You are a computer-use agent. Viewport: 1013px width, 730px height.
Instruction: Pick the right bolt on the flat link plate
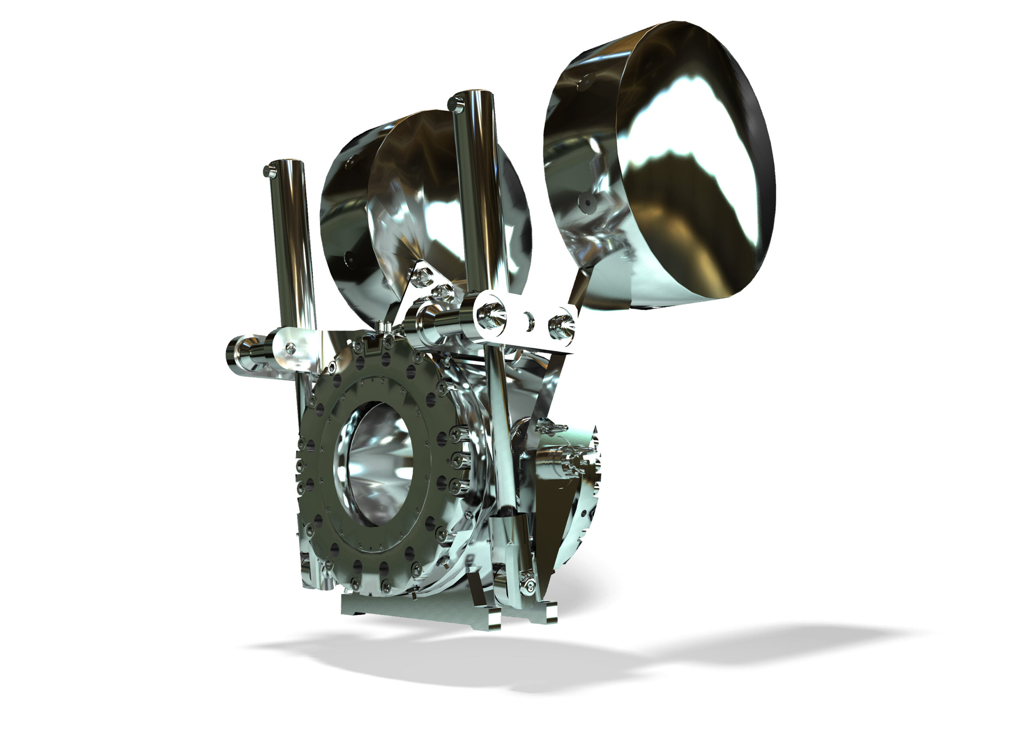point(561,325)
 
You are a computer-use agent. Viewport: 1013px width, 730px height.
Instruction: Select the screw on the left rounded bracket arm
point(291,347)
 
